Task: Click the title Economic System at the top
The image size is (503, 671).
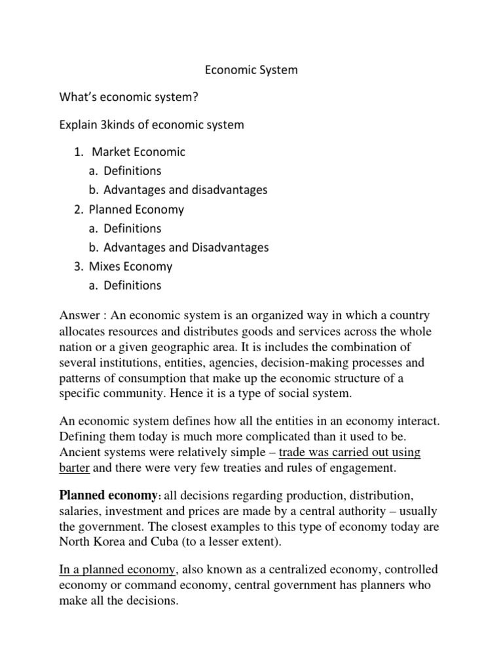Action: click(251, 69)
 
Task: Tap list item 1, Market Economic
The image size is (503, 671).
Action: click(138, 152)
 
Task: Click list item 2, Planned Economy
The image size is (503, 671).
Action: click(138, 210)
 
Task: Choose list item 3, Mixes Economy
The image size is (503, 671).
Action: click(132, 267)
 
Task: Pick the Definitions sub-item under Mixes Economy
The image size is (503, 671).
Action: click(132, 286)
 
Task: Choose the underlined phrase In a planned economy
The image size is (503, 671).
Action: click(116, 569)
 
